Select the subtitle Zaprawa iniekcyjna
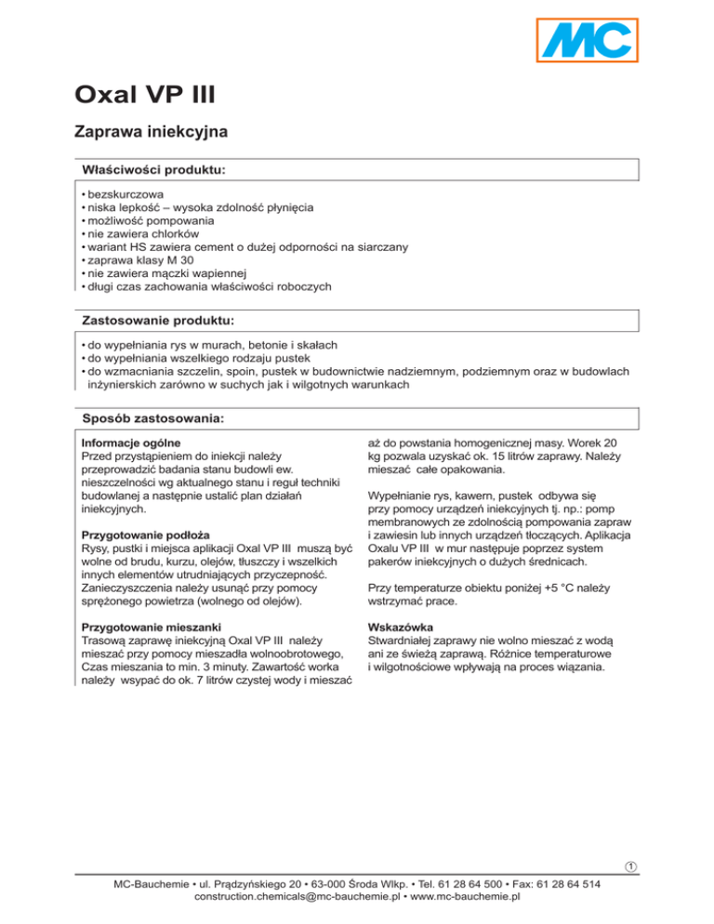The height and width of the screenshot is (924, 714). pos(151,133)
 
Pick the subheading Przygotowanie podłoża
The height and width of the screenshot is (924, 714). pos(144,535)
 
